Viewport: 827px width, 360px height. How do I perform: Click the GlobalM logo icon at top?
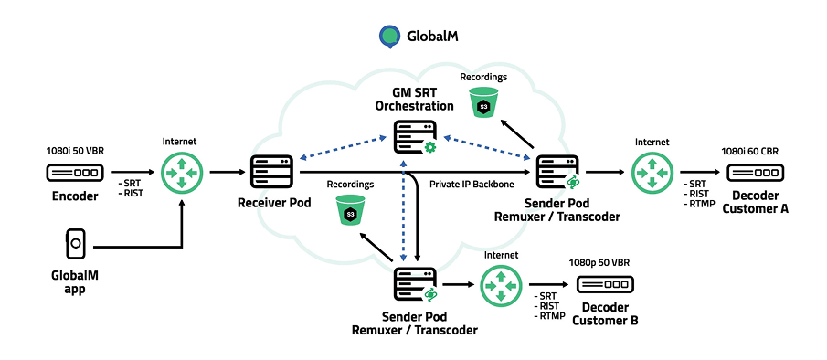coord(390,36)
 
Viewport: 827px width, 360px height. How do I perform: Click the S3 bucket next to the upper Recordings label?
coord(483,105)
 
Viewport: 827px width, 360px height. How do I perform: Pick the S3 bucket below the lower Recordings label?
coord(350,212)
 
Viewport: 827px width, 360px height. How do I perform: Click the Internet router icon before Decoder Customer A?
coord(652,172)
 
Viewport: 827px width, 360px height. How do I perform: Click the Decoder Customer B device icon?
coord(603,284)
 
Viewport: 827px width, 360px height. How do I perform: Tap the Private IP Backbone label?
coord(472,185)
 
